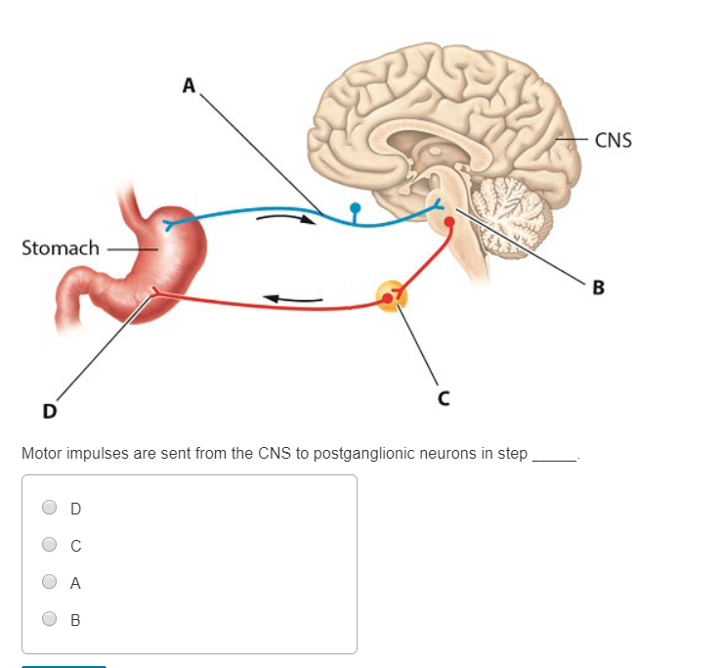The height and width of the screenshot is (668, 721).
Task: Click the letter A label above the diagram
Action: (x=190, y=86)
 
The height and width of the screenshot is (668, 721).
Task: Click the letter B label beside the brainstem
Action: (x=598, y=288)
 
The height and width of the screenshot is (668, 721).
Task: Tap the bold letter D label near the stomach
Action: (x=48, y=410)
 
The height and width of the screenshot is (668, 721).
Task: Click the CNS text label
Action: (x=613, y=140)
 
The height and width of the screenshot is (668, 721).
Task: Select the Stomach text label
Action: (x=61, y=248)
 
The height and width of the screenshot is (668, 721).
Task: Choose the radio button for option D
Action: (x=49, y=508)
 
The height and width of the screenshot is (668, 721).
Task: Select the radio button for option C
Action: (x=49, y=545)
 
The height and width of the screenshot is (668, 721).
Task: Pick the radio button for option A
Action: (x=49, y=582)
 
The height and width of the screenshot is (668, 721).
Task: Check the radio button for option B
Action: (x=49, y=619)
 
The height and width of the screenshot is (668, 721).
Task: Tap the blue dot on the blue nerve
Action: (x=355, y=207)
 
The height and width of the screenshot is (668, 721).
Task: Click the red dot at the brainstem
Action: (x=449, y=223)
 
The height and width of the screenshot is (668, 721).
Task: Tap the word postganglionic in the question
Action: (x=369, y=454)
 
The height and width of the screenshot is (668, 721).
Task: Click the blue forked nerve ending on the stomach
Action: (x=172, y=224)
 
